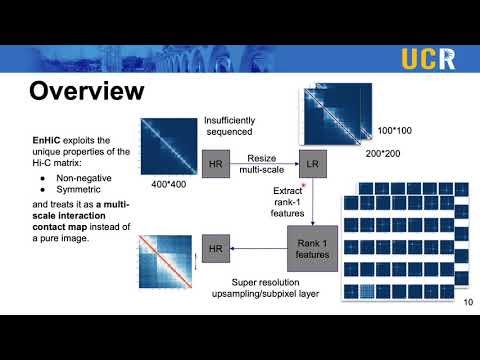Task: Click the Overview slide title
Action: [86, 93]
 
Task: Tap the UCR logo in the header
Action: [429, 58]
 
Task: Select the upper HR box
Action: [216, 161]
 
